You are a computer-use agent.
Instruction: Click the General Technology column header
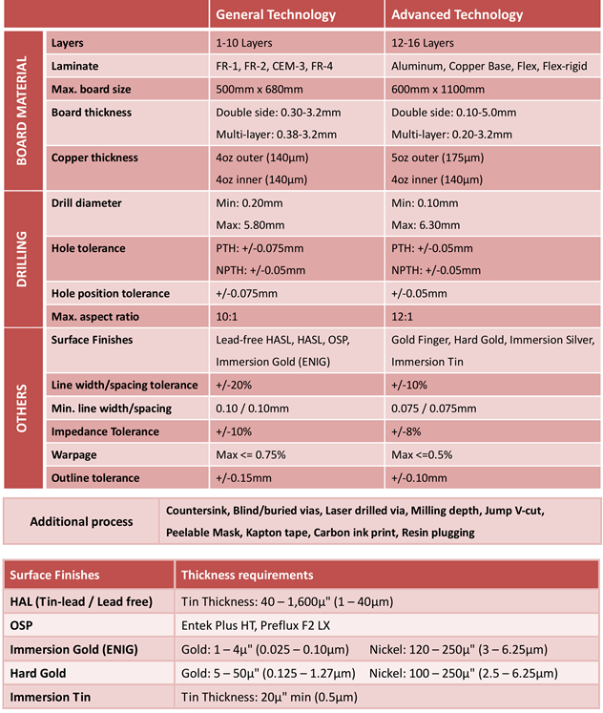click(x=276, y=15)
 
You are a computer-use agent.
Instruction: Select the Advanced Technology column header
click(x=457, y=15)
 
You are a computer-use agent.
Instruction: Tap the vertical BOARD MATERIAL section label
click(x=22, y=110)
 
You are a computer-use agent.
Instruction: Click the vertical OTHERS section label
click(x=22, y=409)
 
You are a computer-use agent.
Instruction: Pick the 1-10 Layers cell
click(x=244, y=43)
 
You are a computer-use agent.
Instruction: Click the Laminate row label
click(x=75, y=66)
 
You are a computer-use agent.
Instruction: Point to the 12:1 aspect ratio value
click(x=405, y=316)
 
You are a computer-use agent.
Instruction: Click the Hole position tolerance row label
click(x=110, y=293)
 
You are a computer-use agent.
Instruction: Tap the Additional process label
click(x=81, y=522)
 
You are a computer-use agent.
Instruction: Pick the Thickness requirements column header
click(x=247, y=576)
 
